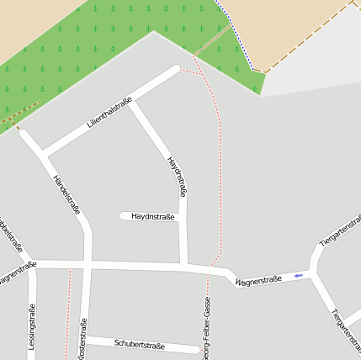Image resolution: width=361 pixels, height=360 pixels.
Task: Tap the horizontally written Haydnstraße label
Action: (153, 217)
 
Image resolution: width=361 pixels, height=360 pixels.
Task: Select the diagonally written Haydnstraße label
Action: (178, 177)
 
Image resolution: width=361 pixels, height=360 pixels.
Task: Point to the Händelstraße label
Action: (66, 195)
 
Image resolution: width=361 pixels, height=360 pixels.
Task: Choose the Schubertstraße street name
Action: (139, 345)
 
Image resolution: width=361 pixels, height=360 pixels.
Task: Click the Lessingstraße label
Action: (32, 326)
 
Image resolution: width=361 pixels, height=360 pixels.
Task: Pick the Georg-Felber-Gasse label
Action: (206, 328)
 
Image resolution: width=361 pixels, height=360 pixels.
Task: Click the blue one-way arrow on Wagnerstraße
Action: (298, 275)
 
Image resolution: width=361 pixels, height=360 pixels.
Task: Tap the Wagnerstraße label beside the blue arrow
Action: (257, 280)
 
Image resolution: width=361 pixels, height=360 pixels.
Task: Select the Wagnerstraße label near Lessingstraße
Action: (17, 273)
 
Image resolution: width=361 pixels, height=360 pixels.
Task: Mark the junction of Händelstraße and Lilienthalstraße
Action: (43, 155)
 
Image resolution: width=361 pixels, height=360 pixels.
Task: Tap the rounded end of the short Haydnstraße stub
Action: (123, 216)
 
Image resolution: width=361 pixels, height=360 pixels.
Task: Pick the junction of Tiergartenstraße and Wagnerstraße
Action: (311, 272)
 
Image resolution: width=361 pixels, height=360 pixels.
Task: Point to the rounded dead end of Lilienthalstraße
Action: (175, 71)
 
